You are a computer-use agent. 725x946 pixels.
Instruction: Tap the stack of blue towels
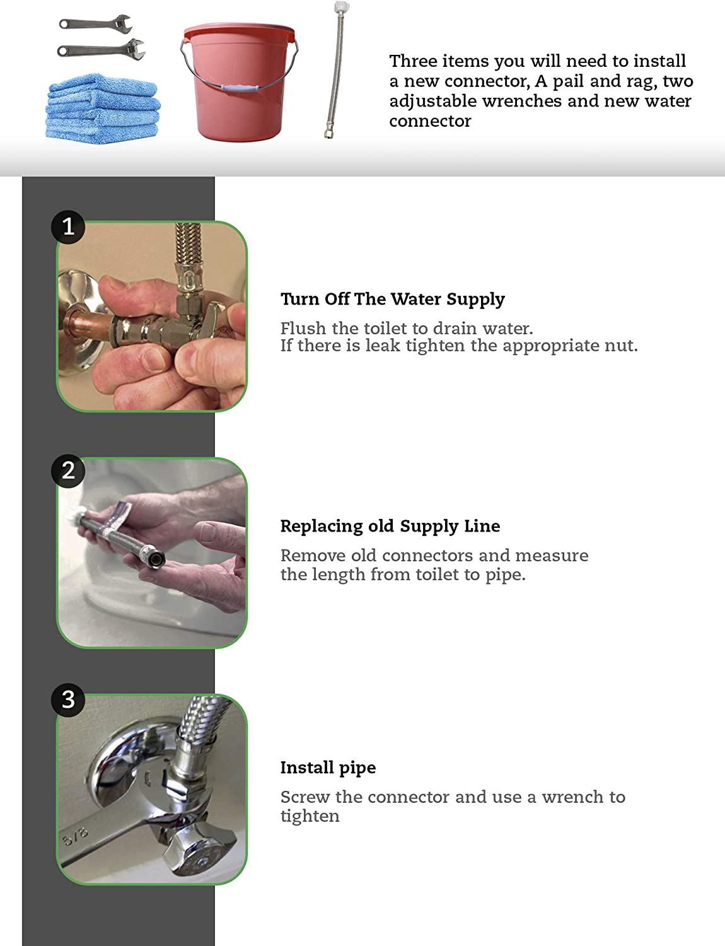tap(103, 109)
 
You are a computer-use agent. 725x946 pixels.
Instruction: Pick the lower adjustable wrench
tap(101, 50)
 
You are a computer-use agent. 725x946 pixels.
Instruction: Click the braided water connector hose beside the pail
tap(336, 72)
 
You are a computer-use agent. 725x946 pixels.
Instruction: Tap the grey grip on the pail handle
tap(240, 87)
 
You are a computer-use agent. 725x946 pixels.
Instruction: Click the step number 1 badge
tap(68, 227)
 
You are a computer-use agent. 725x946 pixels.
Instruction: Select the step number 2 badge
tap(68, 470)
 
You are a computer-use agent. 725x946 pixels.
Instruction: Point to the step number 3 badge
tap(68, 699)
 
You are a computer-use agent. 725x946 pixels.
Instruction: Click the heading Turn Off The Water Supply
tap(393, 300)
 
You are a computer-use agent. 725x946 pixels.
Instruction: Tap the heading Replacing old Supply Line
tap(390, 527)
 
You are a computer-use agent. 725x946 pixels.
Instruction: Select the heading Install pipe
tap(328, 768)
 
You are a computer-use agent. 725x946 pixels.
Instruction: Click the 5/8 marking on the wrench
tap(75, 836)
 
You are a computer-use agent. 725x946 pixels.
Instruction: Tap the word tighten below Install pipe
tap(310, 816)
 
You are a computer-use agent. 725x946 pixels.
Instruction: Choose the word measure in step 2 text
tap(552, 556)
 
